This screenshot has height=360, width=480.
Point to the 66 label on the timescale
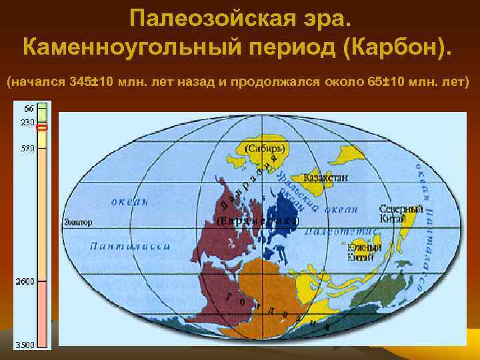tap(29, 108)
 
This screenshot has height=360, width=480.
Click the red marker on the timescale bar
tap(43, 127)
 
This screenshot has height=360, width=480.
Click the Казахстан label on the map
tap(325, 178)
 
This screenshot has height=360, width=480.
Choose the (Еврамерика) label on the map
tap(257, 220)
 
